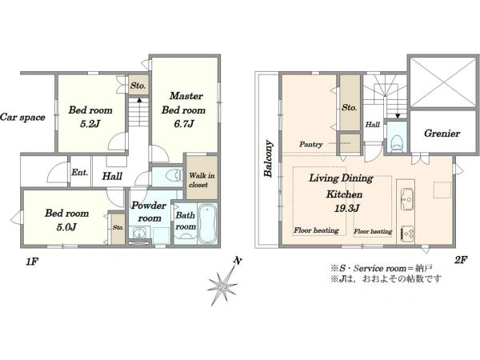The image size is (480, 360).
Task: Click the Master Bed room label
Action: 183,103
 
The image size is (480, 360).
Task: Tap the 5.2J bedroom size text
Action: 90,124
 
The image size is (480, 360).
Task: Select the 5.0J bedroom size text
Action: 66,227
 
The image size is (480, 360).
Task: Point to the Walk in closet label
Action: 202,180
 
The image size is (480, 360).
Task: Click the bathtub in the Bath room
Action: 207,223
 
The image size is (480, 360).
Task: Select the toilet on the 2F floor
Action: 397,143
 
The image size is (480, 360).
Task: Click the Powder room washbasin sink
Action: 139,233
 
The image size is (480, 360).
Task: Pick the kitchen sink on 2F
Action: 407,199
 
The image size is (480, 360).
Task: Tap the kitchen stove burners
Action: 407,234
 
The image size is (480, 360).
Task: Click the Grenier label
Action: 442,134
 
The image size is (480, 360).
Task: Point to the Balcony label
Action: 269,158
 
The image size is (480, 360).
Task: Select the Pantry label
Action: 310,144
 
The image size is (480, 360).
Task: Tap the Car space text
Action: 22,118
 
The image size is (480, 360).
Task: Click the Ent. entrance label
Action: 79,172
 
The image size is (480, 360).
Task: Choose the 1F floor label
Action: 32,262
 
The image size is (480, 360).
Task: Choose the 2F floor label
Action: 461,260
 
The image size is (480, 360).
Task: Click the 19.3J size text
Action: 346,209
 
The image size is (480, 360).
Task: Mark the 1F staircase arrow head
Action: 139,99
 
